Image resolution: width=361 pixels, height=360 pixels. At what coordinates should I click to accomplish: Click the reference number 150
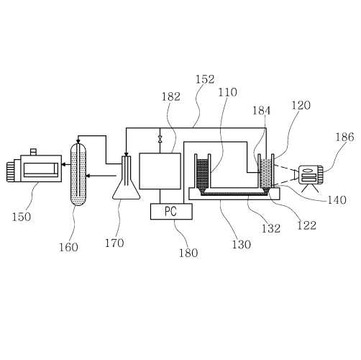pos(22,217)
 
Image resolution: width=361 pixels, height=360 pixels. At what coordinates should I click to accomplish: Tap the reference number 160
pos(68,247)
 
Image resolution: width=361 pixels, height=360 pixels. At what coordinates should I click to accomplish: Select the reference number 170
pos(114,243)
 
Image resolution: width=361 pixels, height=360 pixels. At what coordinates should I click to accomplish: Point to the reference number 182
pos(171,96)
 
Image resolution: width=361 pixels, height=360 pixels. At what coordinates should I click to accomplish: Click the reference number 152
pos(205,79)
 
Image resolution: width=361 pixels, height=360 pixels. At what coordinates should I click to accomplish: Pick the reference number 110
pos(227,92)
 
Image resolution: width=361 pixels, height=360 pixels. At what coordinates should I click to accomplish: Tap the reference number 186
pos(344,137)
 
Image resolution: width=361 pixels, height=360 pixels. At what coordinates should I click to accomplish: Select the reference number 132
pos(271,228)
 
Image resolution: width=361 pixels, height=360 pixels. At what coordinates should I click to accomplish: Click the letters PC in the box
pos(170,211)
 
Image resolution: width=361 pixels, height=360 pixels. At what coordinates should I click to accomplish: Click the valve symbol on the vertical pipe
pos(160,139)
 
